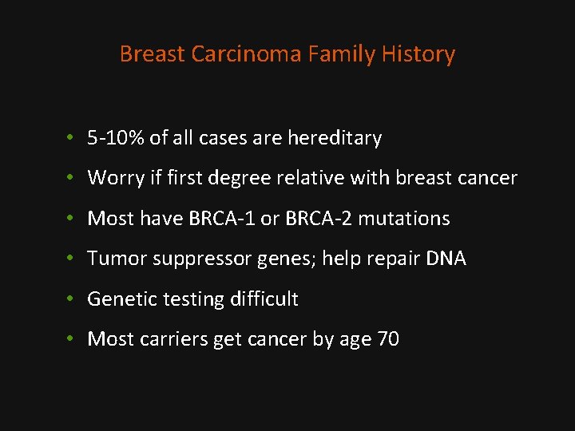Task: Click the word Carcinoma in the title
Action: [x=224, y=54]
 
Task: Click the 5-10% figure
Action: [x=116, y=138]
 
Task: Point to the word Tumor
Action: [x=112, y=259]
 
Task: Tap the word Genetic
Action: [x=117, y=299]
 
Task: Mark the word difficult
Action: [x=264, y=299]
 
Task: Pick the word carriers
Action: [x=176, y=339]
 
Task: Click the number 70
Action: [x=387, y=339]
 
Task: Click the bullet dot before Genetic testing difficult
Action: [x=71, y=300]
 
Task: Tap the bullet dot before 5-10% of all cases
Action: [x=71, y=139]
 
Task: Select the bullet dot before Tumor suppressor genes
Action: [x=71, y=259]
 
